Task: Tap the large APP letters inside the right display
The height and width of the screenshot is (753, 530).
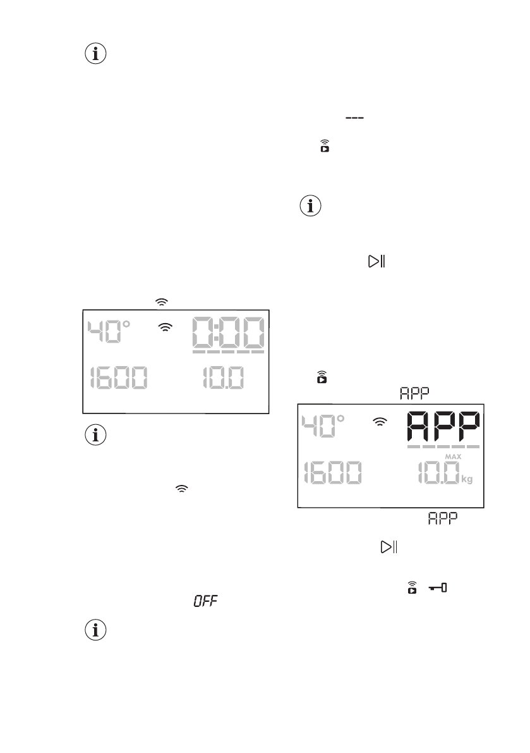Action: click(x=443, y=429)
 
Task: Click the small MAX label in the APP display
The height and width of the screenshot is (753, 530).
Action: click(x=454, y=456)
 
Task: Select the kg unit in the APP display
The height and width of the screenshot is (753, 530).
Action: click(x=467, y=479)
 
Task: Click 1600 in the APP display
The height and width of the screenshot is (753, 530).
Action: click(x=332, y=474)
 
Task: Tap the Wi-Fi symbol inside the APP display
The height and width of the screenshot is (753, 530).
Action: click(x=380, y=422)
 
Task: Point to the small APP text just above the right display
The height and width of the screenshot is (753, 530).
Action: click(x=414, y=393)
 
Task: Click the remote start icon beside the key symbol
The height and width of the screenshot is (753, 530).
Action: click(x=413, y=589)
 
